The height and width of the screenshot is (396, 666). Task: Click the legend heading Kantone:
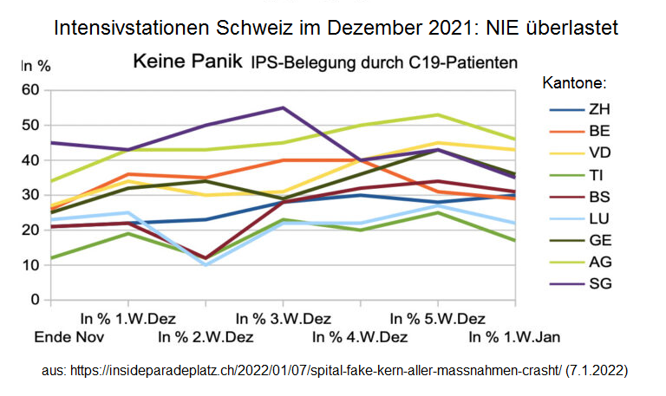[573, 84]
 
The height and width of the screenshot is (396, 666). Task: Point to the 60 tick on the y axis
[31, 89]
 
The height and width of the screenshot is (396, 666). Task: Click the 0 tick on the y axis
[36, 300]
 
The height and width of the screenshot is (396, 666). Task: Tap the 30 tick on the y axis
[31, 195]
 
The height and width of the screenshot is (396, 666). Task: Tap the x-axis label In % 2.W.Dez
[206, 336]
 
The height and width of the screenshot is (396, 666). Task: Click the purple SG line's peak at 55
[283, 107]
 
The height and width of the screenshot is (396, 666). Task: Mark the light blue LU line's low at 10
[206, 265]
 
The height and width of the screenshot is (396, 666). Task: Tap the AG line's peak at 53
[438, 114]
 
